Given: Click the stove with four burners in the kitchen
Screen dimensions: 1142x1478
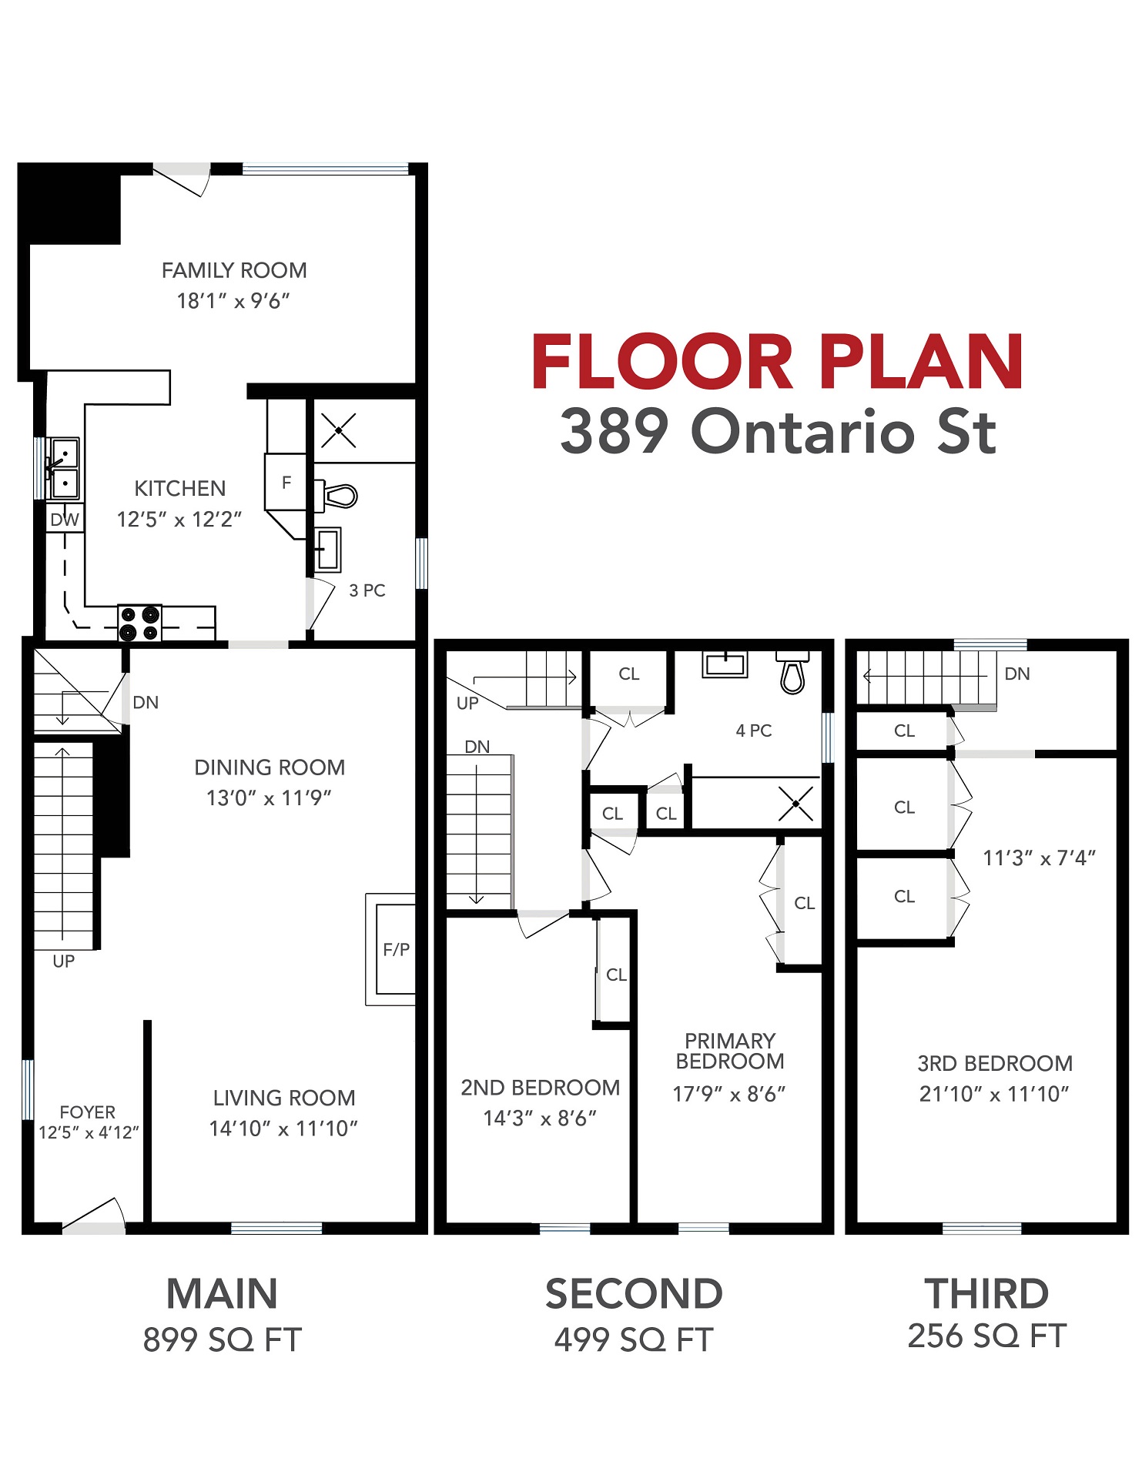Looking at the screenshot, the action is [x=139, y=624].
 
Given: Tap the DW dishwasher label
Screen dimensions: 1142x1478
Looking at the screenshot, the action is [x=65, y=520].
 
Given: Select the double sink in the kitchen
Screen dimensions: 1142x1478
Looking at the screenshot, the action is [x=64, y=469].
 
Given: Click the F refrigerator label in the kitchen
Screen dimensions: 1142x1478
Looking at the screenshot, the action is [x=286, y=483].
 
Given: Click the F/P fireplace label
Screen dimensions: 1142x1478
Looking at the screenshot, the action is [x=397, y=949].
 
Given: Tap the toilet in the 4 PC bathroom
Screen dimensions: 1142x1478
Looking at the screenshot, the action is [x=792, y=672].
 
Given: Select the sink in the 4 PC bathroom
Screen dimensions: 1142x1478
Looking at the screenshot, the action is [x=725, y=664].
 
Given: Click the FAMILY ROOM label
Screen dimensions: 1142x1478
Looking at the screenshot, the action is [x=234, y=270].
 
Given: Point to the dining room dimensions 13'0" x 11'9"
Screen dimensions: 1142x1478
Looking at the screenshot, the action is [x=269, y=798].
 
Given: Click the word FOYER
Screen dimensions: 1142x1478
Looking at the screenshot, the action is [x=88, y=1112].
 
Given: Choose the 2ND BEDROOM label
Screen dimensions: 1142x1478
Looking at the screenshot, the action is [x=541, y=1087].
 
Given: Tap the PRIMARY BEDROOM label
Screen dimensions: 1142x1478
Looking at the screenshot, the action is [x=730, y=1051].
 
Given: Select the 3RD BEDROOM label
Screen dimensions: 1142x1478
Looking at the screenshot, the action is [x=995, y=1063].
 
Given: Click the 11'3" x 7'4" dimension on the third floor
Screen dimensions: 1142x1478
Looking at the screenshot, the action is [x=1040, y=858].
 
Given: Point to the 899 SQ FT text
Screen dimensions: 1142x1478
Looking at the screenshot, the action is [x=223, y=1339].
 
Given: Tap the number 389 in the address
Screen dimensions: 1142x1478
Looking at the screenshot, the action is [x=615, y=431].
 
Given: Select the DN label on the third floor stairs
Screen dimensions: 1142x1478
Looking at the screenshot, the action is [x=1017, y=674].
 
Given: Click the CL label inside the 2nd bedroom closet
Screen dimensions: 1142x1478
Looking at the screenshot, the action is [x=616, y=975].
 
